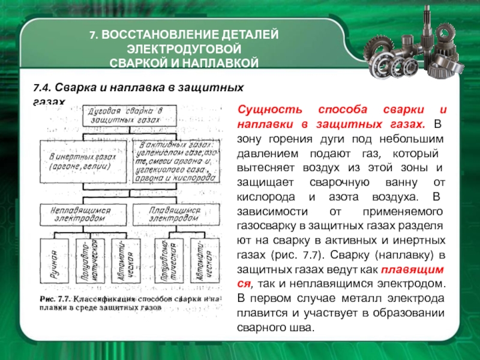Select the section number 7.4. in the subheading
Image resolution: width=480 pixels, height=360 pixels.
(44, 88)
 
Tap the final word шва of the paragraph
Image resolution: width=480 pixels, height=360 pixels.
(303, 328)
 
